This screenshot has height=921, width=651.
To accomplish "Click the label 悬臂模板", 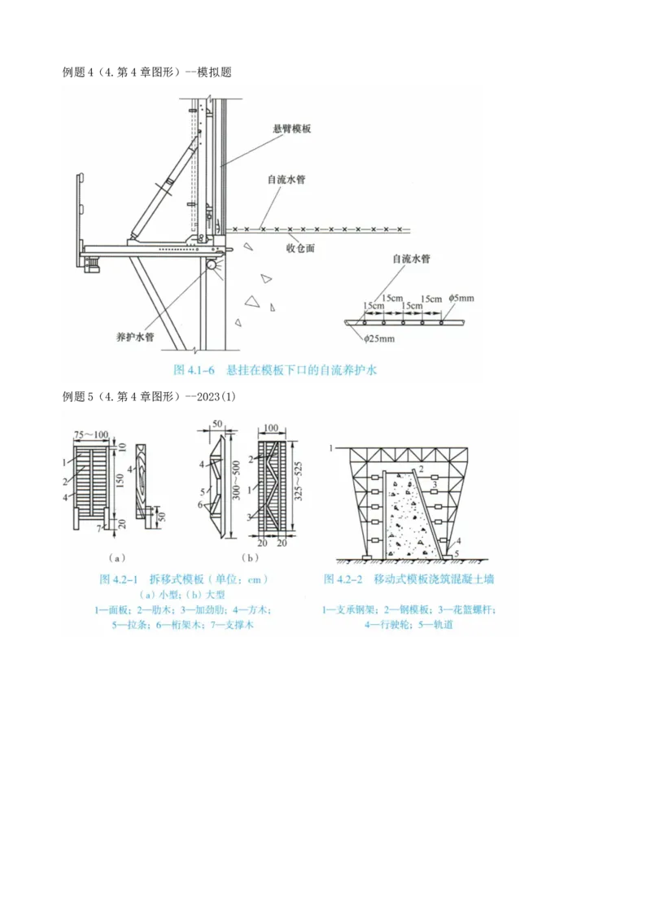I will (293, 129).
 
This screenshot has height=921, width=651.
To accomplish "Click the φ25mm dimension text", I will (378, 338).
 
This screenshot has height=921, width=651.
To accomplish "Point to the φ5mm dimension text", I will (461, 299).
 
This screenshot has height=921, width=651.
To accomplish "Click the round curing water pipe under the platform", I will (212, 264).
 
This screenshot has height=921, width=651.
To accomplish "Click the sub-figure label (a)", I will (117, 558).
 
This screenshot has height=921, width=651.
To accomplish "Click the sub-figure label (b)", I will (250, 558).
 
